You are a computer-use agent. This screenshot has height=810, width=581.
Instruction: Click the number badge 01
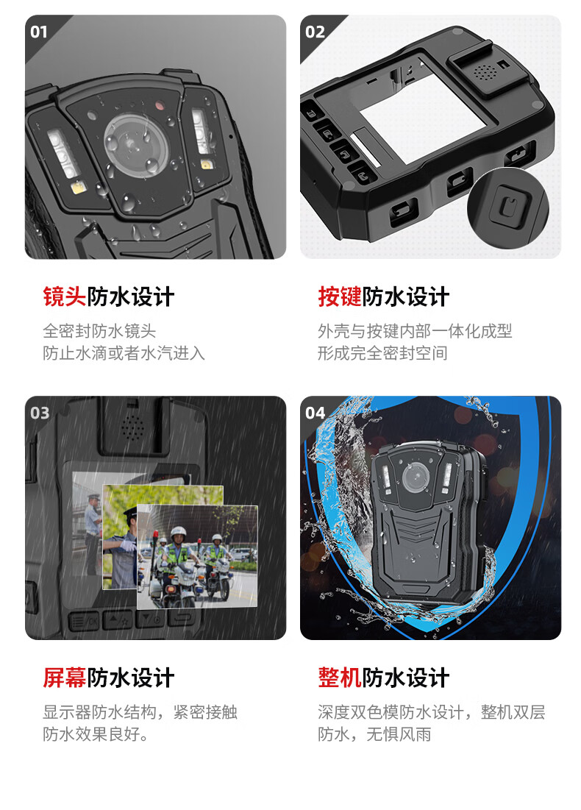[39, 32]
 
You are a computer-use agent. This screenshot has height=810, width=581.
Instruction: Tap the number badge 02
[315, 32]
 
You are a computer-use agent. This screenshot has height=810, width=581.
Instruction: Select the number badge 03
[40, 413]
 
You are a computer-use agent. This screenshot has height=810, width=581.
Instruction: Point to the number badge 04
[315, 413]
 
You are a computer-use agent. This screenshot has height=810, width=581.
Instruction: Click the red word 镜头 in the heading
[64, 296]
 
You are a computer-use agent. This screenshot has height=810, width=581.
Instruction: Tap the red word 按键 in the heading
[339, 296]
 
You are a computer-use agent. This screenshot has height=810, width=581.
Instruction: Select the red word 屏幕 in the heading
[64, 678]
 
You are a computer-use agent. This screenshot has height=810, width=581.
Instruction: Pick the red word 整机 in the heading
[339, 678]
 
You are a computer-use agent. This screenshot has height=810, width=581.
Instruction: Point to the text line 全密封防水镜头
[99, 330]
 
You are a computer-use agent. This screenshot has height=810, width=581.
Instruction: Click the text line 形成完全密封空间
[382, 353]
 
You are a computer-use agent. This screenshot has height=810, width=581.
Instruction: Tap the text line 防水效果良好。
[96, 733]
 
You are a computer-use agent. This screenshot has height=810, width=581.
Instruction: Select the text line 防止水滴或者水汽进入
[124, 353]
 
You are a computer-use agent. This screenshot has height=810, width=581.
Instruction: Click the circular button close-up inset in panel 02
[507, 207]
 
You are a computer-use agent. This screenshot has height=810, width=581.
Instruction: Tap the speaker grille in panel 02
[485, 72]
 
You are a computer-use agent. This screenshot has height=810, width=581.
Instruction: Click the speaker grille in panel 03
[132, 427]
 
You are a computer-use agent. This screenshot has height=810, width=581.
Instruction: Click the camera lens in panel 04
[416, 476]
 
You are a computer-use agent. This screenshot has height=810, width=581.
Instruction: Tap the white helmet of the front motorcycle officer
[178, 532]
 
